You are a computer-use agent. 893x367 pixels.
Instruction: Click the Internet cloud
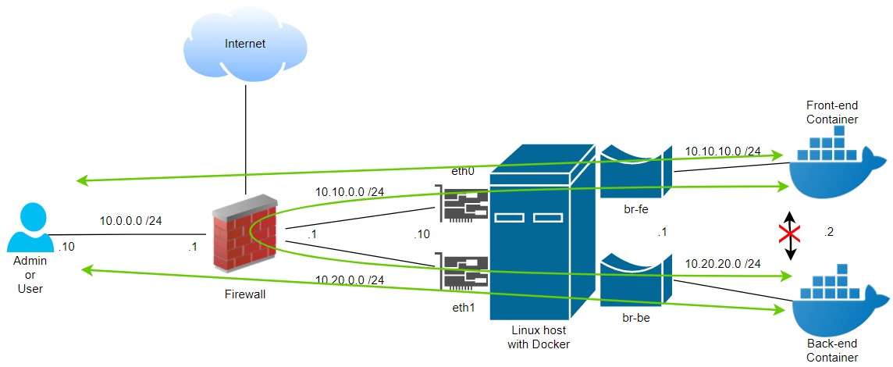pyautogui.click(x=245, y=45)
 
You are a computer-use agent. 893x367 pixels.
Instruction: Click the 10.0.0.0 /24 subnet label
pyautogui.click(x=131, y=221)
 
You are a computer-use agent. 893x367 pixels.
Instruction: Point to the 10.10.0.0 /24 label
pyautogui.click(x=350, y=192)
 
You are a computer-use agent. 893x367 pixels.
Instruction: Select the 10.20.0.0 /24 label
pyautogui.click(x=349, y=280)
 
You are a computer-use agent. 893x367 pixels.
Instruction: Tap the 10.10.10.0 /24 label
pyautogui.click(x=723, y=151)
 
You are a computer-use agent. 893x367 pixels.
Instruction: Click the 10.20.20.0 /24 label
pyautogui.click(x=723, y=264)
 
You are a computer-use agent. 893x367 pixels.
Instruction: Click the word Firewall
pyautogui.click(x=245, y=294)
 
